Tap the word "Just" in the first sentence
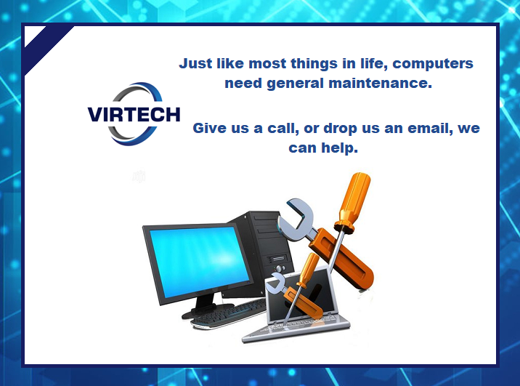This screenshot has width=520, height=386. point(196,63)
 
